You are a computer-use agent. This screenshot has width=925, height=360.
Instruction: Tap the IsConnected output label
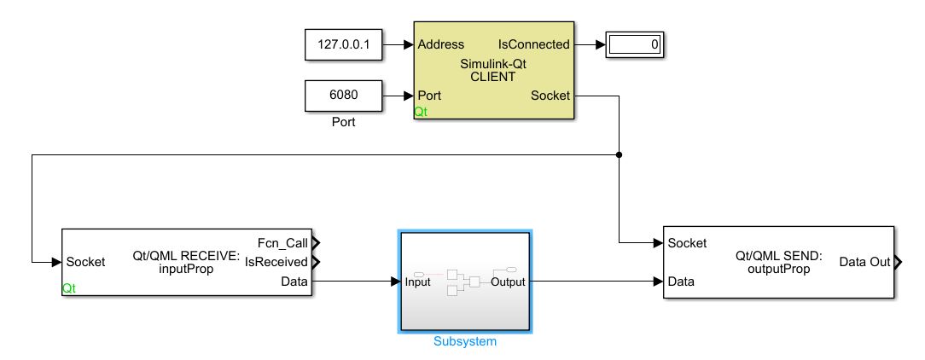pyautogui.click(x=533, y=44)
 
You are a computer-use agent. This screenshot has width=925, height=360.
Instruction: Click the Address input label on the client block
pyautogui.click(x=441, y=44)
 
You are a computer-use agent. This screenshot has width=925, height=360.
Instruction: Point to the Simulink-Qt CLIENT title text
pyautogui.click(x=493, y=70)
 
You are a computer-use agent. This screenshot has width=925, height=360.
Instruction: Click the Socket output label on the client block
pyautogui.click(x=550, y=96)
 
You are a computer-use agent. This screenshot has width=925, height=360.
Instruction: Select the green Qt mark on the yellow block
pyautogui.click(x=422, y=112)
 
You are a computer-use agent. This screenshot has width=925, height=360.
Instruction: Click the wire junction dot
pyautogui.click(x=619, y=155)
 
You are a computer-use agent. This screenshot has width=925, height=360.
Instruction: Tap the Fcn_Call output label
pyautogui.click(x=282, y=242)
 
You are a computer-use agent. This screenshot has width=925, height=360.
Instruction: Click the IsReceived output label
pyautogui.click(x=277, y=262)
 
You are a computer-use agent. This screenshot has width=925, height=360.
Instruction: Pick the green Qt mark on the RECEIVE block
pyautogui.click(x=70, y=289)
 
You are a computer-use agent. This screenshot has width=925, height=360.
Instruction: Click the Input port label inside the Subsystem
pyautogui.click(x=417, y=282)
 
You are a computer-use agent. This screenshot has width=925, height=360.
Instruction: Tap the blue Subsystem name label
pyautogui.click(x=464, y=341)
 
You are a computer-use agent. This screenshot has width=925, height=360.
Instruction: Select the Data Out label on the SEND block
pyautogui.click(x=864, y=262)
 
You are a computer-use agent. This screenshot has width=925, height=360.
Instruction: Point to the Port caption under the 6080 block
pyautogui.click(x=343, y=122)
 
